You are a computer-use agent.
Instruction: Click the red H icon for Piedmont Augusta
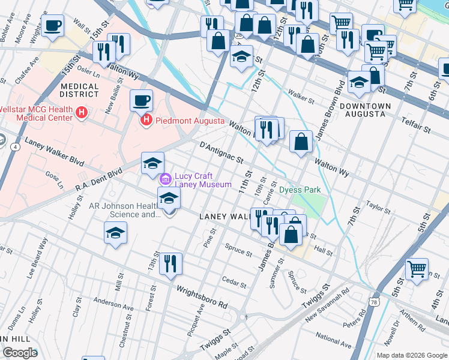pyautogui.click(x=145, y=121)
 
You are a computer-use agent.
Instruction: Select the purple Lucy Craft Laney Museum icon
pyautogui.click(x=164, y=179)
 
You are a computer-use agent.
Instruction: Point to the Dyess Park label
pyautogui.click(x=300, y=190)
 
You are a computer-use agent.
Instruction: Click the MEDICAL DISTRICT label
pyautogui.click(x=80, y=90)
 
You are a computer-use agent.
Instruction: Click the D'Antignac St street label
pyautogui.click(x=221, y=152)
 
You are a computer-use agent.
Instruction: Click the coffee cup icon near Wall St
pyautogui.click(x=53, y=26)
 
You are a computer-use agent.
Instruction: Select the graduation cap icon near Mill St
pyautogui.click(x=115, y=233)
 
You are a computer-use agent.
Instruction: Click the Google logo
pyautogui.click(x=20, y=353)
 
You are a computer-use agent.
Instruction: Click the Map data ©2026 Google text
pyautogui.click(x=411, y=355)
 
